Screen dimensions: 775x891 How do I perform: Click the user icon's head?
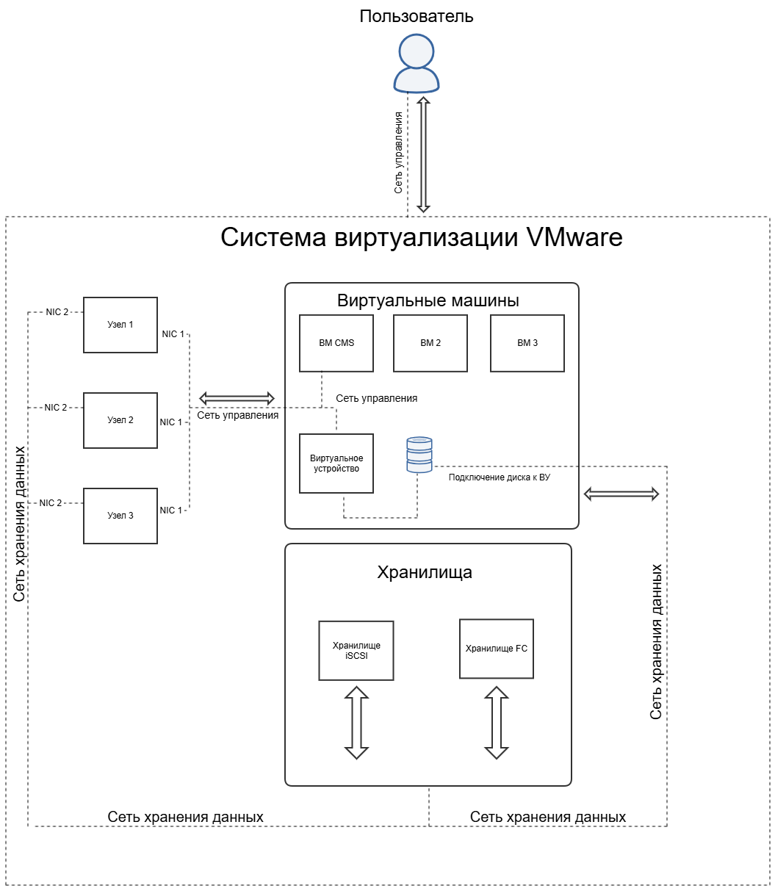click(416, 51)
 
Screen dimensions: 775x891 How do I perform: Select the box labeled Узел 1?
click(120, 325)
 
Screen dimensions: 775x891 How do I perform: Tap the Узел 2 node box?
click(120, 420)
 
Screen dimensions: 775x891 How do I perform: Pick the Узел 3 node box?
click(120, 515)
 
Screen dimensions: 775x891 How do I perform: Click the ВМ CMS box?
click(336, 343)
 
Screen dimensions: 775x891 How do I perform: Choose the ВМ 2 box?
click(430, 343)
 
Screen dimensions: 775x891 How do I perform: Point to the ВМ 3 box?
click(527, 343)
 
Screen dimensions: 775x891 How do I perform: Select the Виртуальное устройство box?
click(336, 463)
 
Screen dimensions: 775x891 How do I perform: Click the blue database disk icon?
click(419, 454)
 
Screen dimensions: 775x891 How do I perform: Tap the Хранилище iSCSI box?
click(356, 650)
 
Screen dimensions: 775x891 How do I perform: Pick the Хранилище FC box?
click(496, 649)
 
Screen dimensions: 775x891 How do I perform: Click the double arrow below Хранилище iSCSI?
click(356, 723)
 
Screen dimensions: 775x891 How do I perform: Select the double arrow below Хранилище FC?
click(496, 723)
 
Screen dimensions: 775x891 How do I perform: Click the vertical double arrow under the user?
click(423, 154)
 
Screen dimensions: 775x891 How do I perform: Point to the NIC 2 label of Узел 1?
click(57, 311)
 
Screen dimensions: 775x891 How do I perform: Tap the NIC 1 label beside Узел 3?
click(170, 510)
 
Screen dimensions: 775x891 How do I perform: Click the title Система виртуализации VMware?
click(421, 237)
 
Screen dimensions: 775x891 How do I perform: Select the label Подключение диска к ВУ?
click(499, 477)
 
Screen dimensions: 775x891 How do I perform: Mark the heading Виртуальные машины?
click(428, 300)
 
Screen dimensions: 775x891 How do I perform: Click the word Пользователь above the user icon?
click(416, 16)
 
